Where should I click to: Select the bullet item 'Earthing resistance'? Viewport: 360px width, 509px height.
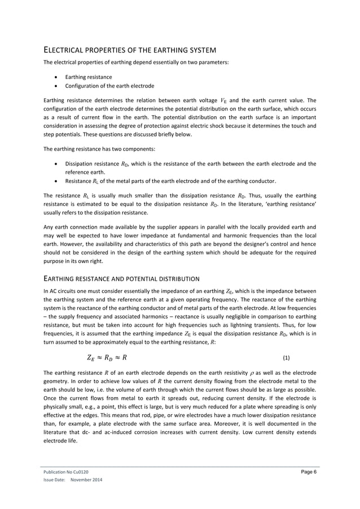pos(88,77)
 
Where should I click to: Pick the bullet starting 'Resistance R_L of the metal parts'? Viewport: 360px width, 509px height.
pos(170,181)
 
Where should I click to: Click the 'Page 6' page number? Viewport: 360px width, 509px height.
pos(308,470)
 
